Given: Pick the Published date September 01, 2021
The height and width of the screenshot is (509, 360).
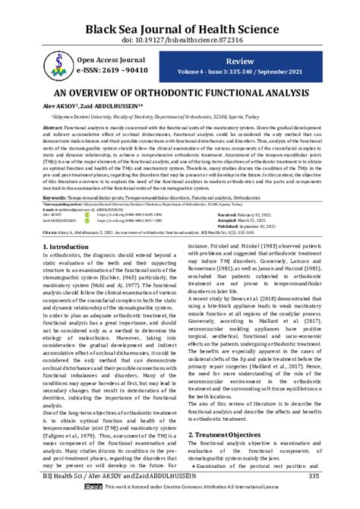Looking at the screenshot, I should [275, 227].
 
